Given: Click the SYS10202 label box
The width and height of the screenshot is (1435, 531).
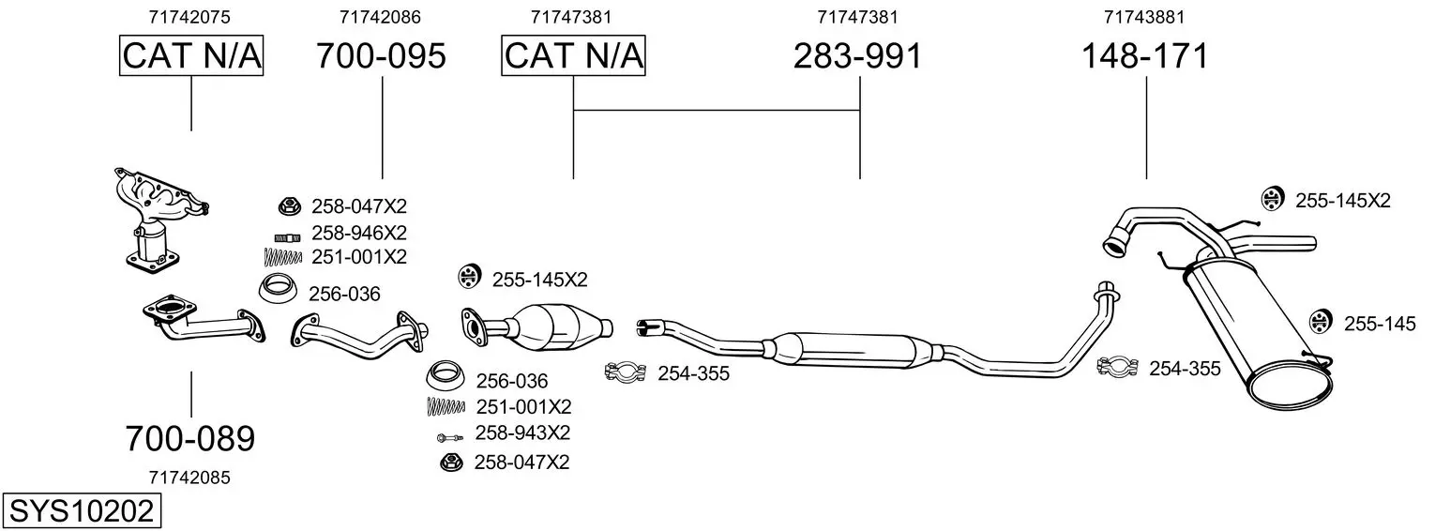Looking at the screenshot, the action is pyautogui.click(x=82, y=511).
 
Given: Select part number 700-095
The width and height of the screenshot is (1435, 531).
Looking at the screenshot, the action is pyautogui.click(x=381, y=56).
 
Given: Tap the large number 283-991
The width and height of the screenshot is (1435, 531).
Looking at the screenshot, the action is pyautogui.click(x=857, y=56).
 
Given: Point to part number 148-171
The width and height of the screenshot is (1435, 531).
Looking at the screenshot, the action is pyautogui.click(x=1145, y=56).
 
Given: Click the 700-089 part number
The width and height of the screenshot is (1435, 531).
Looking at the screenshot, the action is pyautogui.click(x=190, y=439).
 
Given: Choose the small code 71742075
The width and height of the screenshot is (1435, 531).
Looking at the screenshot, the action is pyautogui.click(x=189, y=17).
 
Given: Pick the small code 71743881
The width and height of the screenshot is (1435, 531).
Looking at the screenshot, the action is pyautogui.click(x=1144, y=17).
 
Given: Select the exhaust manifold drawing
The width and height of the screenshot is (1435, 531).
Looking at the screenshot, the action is pyautogui.click(x=160, y=221).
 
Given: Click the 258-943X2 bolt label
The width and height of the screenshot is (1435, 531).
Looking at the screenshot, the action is pyautogui.click(x=522, y=433).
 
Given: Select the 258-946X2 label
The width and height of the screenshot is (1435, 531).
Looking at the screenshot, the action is pyautogui.click(x=358, y=233).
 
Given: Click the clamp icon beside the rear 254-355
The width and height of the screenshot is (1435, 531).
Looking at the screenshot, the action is pyautogui.click(x=1117, y=367).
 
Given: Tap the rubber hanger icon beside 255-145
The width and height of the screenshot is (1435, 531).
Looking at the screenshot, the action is pyautogui.click(x=1320, y=322).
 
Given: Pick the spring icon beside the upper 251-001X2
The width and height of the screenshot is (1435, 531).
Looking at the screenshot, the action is pyautogui.click(x=282, y=257).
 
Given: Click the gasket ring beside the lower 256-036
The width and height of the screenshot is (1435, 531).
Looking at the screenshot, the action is pyautogui.click(x=446, y=375).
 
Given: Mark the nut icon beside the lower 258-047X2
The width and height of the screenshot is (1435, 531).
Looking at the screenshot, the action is pyautogui.click(x=451, y=462).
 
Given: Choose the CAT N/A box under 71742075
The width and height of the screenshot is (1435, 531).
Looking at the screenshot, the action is pyautogui.click(x=191, y=55).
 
